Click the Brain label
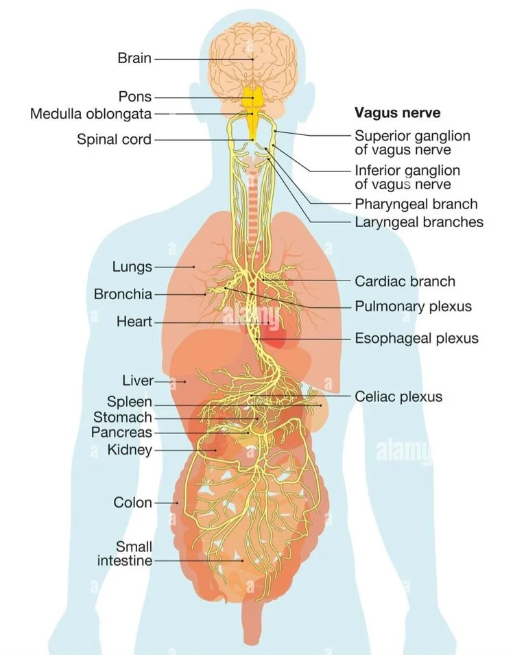[134, 58]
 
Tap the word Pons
[135, 97]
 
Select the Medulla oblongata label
[91, 114]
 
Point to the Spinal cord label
[114, 139]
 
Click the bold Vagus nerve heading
[397, 112]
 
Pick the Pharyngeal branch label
[416, 204]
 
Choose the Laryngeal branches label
[419, 222]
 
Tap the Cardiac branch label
[405, 281]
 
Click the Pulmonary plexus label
[413, 306]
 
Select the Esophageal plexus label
[416, 338]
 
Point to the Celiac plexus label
[398, 396]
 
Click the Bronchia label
[123, 294]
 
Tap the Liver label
[138, 381]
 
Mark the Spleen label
[130, 402]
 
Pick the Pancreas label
[121, 432]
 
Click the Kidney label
[130, 450]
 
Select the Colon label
[133, 502]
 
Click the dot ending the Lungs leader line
[193, 267]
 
